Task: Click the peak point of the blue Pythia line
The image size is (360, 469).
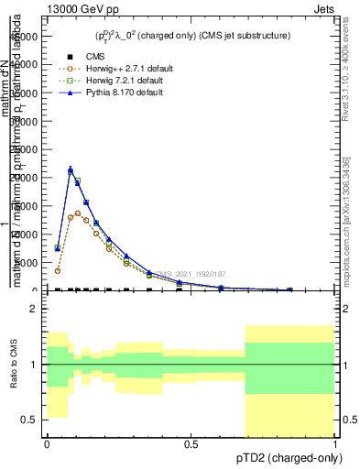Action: tap(71, 170)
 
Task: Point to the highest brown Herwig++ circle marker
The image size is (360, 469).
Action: tap(78, 213)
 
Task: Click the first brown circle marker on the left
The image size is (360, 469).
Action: tap(57, 270)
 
